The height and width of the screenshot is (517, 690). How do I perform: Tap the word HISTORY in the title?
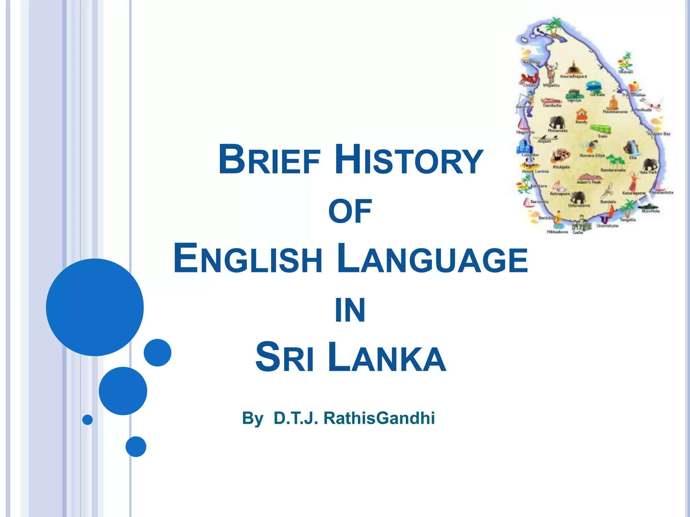click(409, 160)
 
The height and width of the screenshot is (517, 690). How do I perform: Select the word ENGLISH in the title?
click(248, 259)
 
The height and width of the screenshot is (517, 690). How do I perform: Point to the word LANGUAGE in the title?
click(432, 259)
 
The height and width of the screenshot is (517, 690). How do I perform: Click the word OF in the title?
click(350, 211)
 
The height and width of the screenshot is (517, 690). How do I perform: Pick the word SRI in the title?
click(285, 357)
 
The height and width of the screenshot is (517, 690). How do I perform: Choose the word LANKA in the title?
click(387, 357)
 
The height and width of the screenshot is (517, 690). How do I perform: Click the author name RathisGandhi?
click(379, 418)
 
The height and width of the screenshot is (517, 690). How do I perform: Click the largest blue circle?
click(95, 307)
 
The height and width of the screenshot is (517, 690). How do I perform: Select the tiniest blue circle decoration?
click(88, 420)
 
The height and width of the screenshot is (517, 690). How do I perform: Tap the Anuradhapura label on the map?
click(573, 76)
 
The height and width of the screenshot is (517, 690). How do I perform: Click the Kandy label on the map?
click(582, 122)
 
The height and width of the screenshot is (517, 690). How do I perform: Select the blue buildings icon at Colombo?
click(524, 147)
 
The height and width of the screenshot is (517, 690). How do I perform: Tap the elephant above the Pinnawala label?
click(558, 123)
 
